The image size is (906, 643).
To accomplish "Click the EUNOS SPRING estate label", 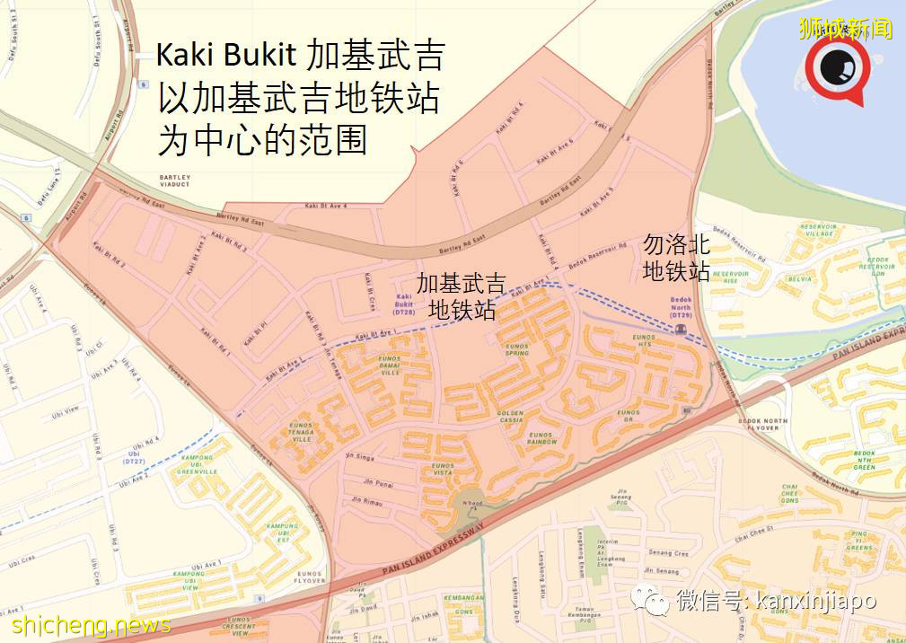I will click(x=517, y=349).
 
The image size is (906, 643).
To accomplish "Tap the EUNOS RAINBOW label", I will click(x=541, y=438).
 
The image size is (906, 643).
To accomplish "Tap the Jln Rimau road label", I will click(x=368, y=501).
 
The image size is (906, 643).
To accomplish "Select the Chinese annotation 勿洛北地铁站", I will click(x=676, y=257).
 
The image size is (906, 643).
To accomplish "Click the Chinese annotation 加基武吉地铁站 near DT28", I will click(x=461, y=297).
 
